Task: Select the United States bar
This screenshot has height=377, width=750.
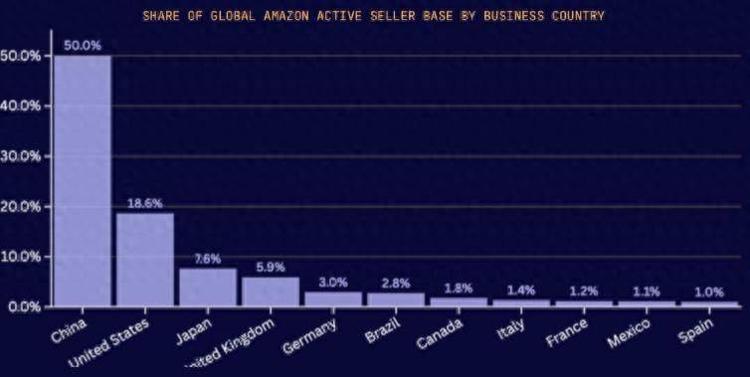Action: coord(145,260)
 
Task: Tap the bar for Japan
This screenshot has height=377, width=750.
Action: coord(208,287)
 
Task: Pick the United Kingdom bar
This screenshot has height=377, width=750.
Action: coord(271,291)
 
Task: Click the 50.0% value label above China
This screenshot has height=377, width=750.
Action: coord(83,45)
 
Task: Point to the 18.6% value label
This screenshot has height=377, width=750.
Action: coord(145,203)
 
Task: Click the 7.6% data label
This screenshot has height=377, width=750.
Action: coord(208,259)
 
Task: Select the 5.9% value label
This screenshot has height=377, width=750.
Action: coord(271,267)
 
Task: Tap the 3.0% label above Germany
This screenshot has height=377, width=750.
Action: coord(333,282)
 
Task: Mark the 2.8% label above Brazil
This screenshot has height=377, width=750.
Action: coord(396,283)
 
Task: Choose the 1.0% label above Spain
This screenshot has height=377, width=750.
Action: coord(710,291)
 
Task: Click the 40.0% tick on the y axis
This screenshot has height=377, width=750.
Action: coord(21,105)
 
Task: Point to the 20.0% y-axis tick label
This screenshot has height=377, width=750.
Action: coord(21,206)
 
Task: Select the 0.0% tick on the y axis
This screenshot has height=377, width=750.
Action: coord(24,306)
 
